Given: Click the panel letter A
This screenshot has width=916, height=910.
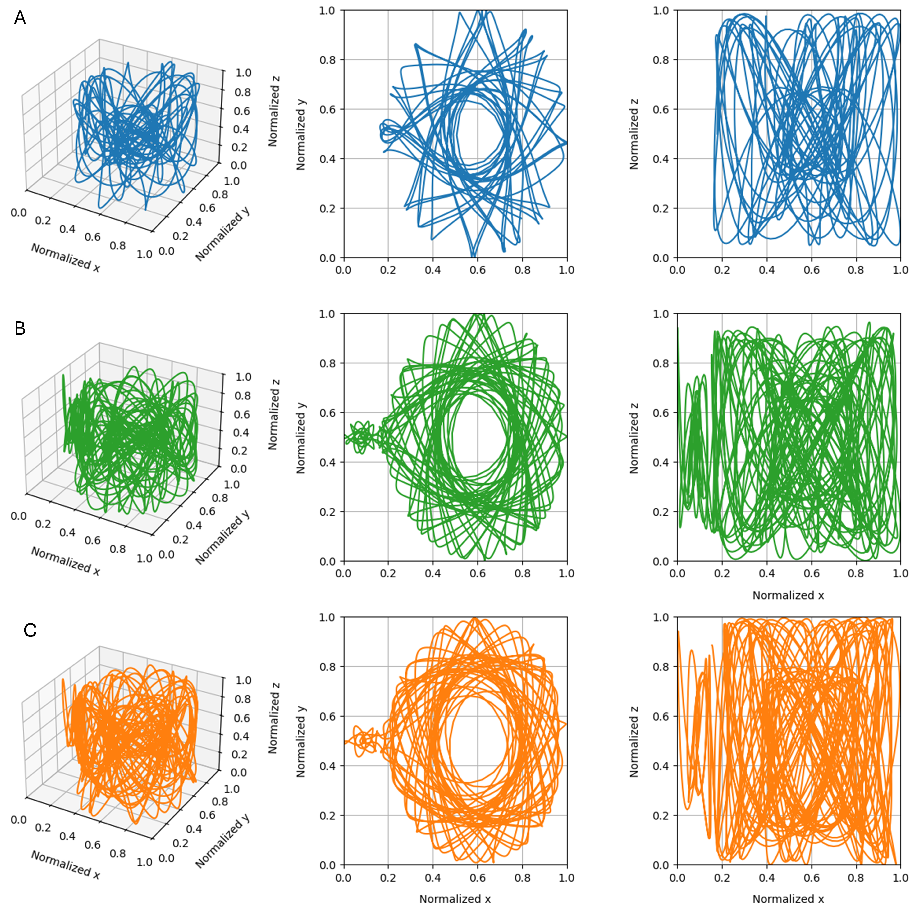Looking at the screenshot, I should tap(20, 18).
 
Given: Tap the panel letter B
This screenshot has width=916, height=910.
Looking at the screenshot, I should tap(20, 328).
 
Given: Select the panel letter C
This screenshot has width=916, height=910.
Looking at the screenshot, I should tap(30, 630).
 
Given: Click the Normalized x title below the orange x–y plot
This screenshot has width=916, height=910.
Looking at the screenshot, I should tap(455, 899).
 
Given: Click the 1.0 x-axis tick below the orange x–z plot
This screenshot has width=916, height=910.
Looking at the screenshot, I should tap(900, 878).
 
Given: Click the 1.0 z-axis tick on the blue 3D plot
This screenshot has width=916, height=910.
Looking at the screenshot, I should tap(243, 73).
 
